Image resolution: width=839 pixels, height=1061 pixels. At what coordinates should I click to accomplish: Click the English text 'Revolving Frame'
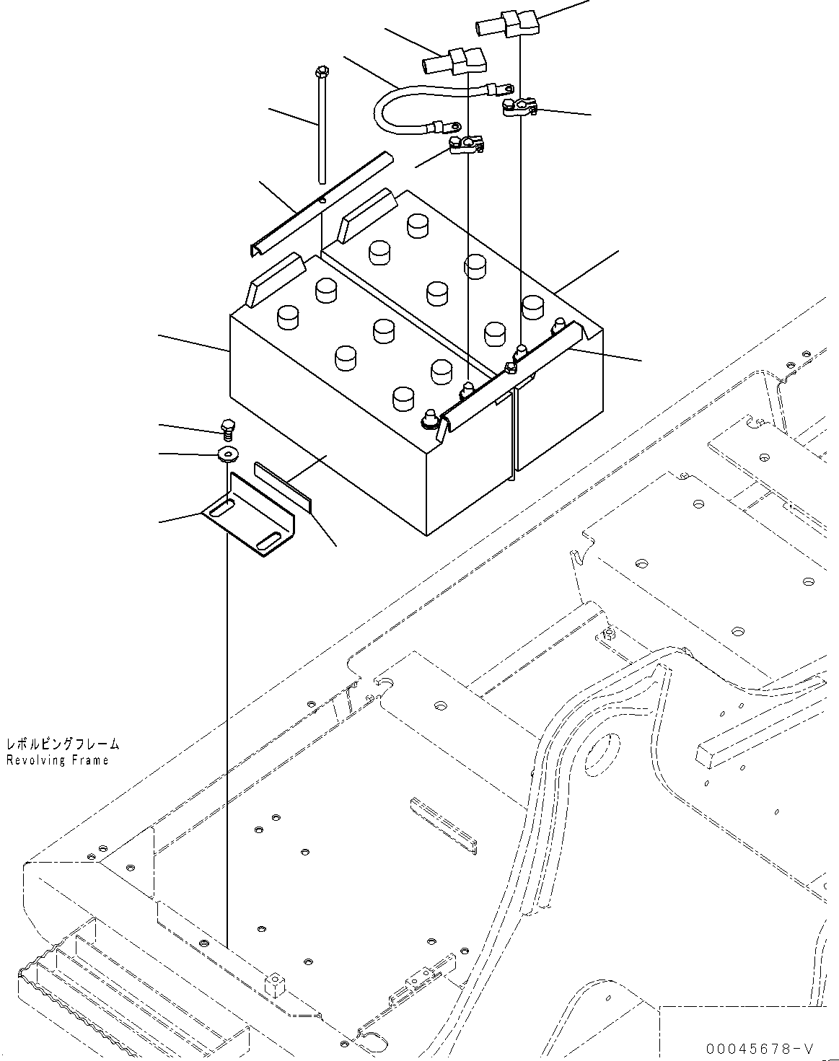(x=57, y=760)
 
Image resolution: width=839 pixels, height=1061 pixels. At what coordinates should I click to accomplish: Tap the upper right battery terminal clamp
(x=519, y=108)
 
